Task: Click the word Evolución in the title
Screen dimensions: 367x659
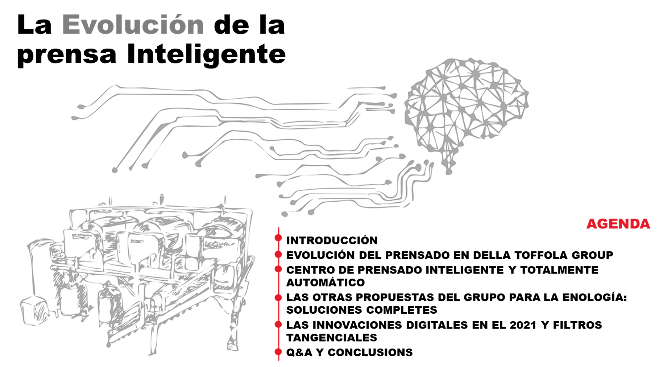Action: pos(133,25)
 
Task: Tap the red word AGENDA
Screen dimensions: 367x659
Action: pos(618,224)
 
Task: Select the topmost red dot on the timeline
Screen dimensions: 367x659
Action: pos(278,238)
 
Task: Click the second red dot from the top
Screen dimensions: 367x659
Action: pos(278,255)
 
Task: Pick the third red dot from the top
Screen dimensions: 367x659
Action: pos(278,269)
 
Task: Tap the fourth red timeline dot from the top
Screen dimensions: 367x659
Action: pos(278,298)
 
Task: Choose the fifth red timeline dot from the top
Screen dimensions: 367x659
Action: pos(278,324)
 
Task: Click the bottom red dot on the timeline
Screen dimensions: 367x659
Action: pos(278,352)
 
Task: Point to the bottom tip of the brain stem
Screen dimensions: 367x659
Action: pos(449,172)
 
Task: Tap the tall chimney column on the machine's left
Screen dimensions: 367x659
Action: pos(38,268)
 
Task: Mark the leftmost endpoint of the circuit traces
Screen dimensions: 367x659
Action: pos(74,118)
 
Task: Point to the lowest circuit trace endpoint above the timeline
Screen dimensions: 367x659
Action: pos(285,214)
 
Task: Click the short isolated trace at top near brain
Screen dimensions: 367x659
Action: pos(366,87)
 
